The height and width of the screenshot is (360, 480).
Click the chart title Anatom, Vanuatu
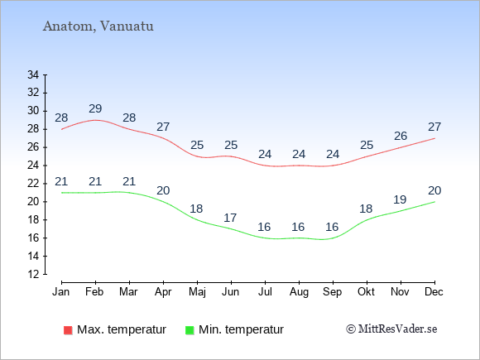98,26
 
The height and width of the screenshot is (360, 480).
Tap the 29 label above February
95,108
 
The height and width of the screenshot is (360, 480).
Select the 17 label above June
230,218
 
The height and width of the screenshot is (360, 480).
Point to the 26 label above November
401,136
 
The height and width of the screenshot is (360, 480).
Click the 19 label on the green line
400,200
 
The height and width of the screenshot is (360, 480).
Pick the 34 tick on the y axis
33,74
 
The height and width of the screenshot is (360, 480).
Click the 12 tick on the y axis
33,274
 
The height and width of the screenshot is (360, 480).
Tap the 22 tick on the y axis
33,184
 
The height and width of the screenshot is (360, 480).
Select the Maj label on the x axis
197,292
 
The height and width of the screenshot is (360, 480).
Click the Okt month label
366,292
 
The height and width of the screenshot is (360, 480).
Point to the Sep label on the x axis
333,292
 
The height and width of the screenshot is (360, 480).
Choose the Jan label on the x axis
61,292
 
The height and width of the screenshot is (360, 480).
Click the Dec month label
434,292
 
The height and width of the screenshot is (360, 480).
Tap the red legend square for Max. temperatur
68,330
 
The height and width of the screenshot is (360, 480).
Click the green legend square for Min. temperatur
190,330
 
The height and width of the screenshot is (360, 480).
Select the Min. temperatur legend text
241,329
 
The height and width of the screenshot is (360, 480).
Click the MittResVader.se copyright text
391,329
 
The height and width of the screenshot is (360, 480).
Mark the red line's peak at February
95,120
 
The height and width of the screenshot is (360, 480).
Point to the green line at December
434,202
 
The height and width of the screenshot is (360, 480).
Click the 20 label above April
163,190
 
